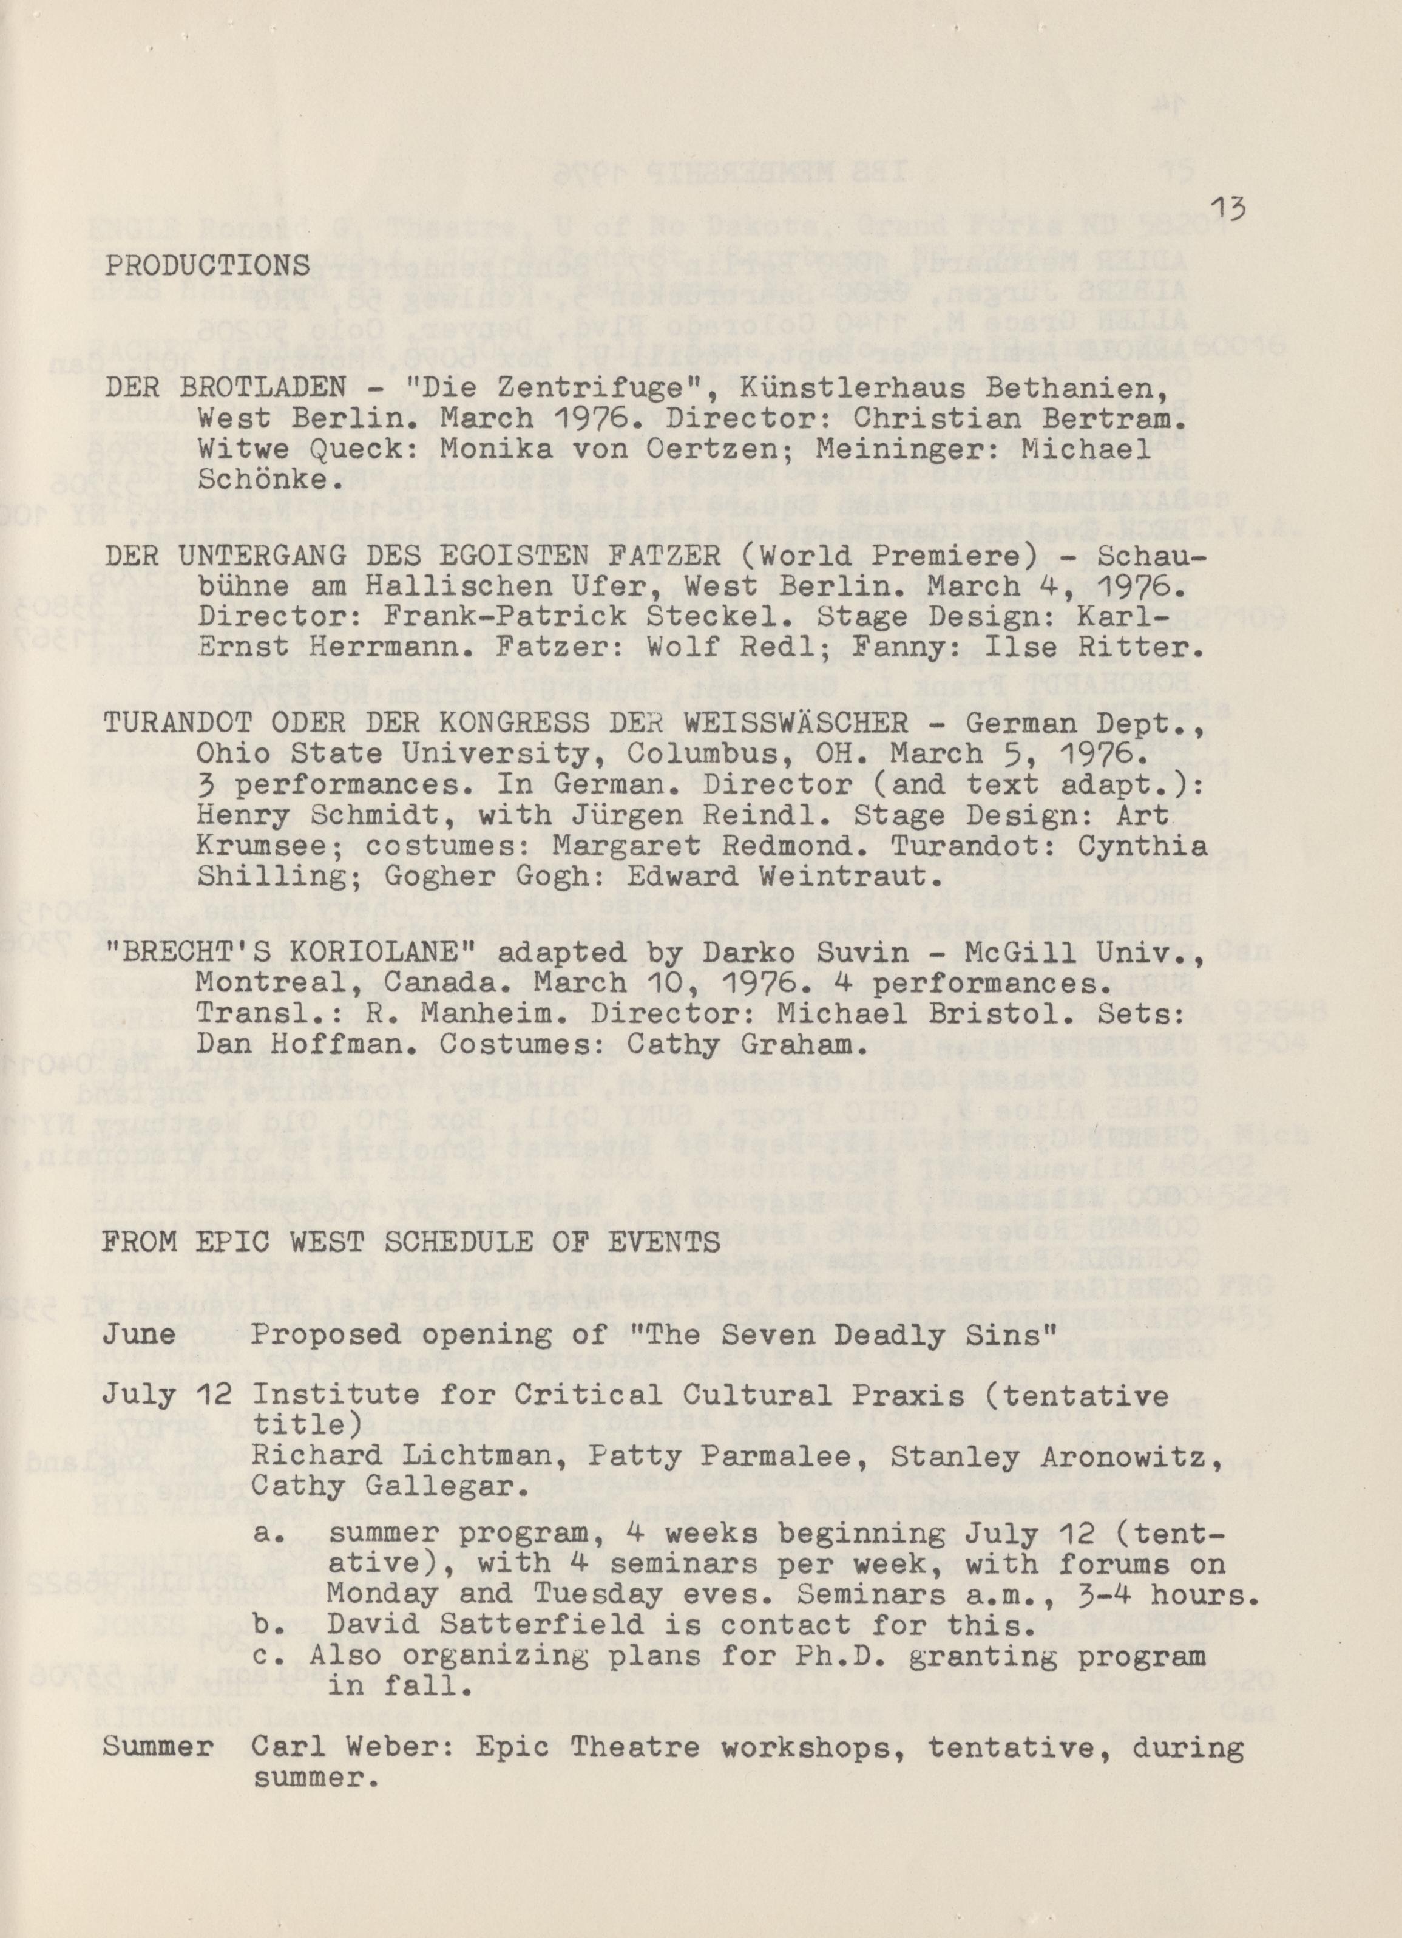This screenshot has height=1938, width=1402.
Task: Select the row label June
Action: pos(151,1334)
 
